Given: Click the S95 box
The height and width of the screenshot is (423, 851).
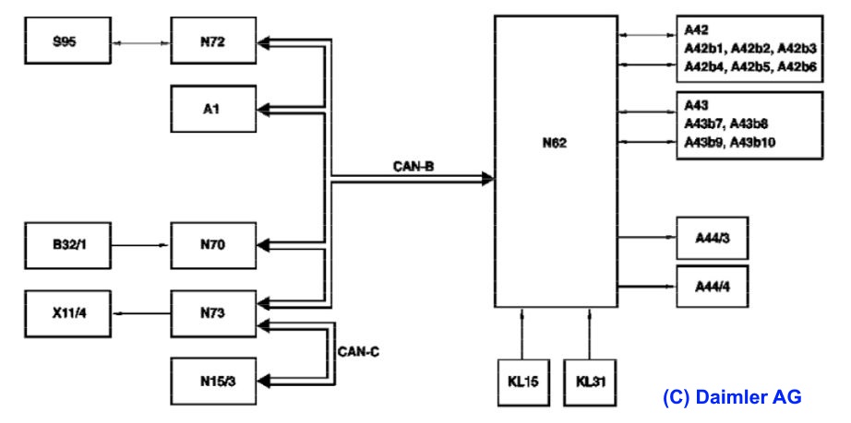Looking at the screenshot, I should coord(65,42).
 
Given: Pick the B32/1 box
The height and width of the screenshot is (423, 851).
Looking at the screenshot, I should coord(65,245).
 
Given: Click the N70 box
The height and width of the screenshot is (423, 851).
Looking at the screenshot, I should coord(211,245).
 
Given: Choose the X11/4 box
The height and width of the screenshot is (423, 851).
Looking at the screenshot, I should coord(65,313).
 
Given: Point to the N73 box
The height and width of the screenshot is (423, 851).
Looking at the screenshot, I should coord(211,313).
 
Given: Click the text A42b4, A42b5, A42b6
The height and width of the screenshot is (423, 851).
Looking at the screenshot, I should coord(750,65).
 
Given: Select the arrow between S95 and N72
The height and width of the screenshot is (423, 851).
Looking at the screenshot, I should coord(139,42).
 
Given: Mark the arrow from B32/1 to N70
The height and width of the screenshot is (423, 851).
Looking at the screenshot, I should coord(139,246).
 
